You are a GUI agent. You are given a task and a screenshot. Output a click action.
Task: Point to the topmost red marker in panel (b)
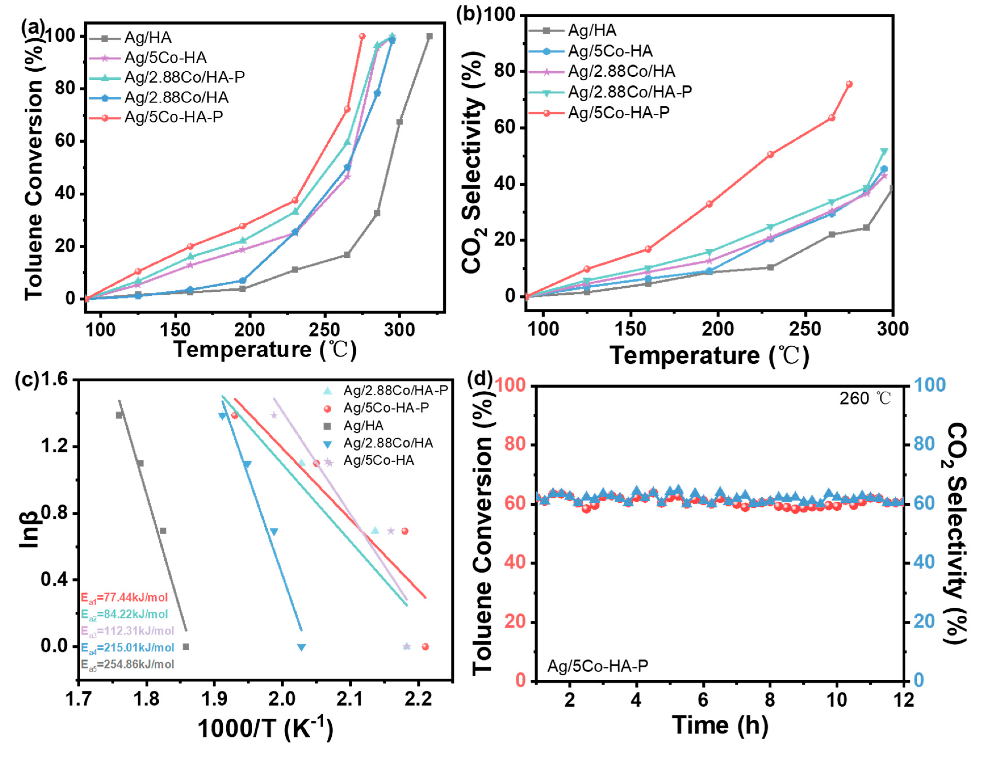[849, 84]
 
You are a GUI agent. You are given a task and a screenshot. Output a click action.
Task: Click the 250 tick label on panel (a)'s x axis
[324, 330]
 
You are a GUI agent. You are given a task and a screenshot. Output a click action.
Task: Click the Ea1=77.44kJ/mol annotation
[124, 598]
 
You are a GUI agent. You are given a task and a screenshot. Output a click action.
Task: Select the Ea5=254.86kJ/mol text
[127, 665]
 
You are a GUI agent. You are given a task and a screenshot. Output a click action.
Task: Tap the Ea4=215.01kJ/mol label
[127, 648]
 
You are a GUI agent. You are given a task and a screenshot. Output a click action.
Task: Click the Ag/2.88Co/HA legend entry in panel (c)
[388, 443]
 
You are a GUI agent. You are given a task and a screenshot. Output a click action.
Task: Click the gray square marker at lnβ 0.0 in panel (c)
[186, 647]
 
